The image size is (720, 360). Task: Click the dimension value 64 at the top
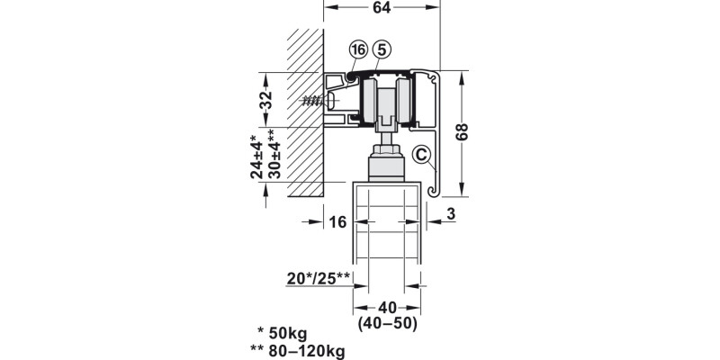point(382,9)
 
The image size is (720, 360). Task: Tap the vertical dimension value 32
point(266,100)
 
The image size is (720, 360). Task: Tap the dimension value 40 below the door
point(387,306)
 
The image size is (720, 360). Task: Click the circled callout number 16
point(359,49)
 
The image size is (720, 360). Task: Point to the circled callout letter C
point(420,155)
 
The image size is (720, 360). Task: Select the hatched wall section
point(304,117)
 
